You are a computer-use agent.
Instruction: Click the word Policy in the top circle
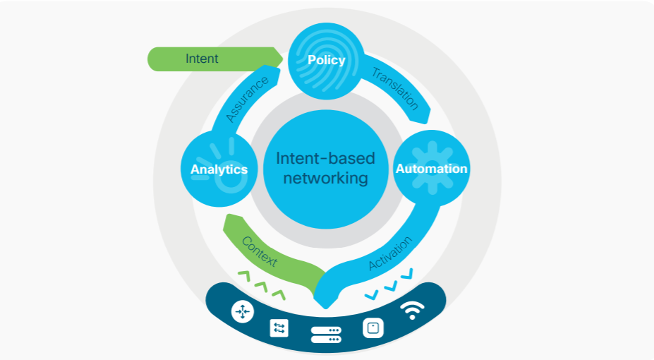pos(326,60)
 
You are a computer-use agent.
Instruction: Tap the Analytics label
pos(219,169)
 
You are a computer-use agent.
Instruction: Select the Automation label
pos(431,169)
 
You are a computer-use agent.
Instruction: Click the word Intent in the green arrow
pos(202,59)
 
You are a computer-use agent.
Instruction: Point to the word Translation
pos(395,88)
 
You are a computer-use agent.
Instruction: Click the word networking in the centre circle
pos(325,177)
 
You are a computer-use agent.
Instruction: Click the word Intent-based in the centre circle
pos(325,158)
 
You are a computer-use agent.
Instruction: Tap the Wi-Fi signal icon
pos(413,310)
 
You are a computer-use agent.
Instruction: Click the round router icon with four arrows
pos(243,311)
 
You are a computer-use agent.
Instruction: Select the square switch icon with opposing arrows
pos(279,328)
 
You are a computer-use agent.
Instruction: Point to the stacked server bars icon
pos(326,335)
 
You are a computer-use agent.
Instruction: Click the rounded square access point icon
pos(373,328)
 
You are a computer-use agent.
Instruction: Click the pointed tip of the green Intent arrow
pos(282,59)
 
